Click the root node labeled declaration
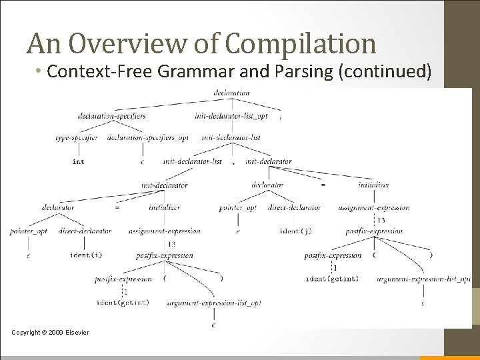click(231, 93)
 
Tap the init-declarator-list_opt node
click(231, 115)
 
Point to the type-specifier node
click(76, 138)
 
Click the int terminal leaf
click(78, 161)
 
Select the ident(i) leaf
click(85, 254)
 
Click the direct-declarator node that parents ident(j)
click(294, 207)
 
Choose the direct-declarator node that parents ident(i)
click(85, 231)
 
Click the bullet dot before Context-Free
click(57, 71)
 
